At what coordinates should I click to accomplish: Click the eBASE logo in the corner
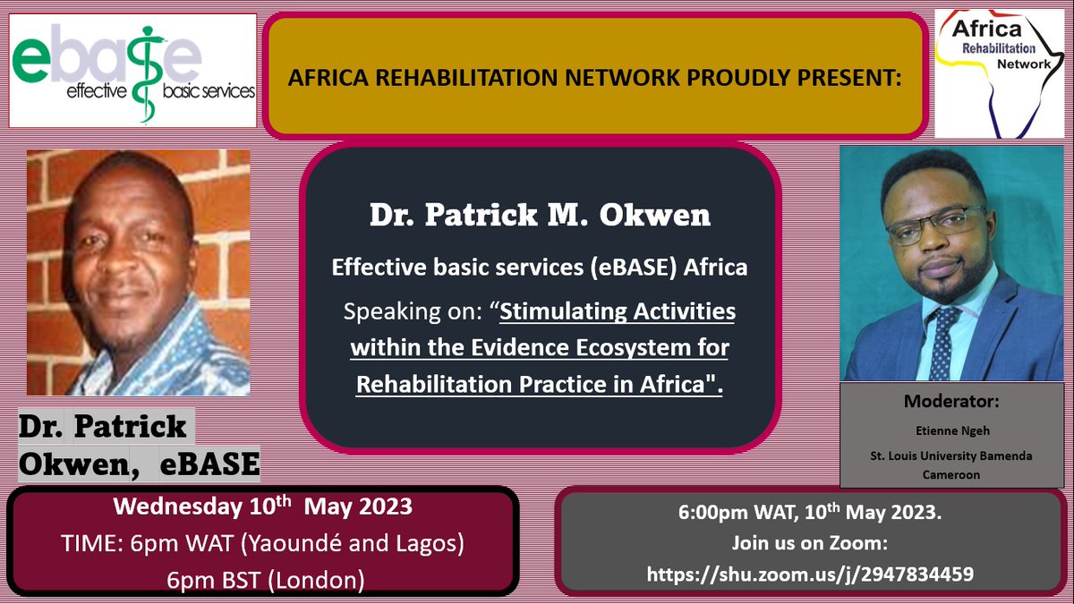point(133,70)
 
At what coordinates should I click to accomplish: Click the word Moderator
point(937,402)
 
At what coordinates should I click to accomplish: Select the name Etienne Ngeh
point(937,431)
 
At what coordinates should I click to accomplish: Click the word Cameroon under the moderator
point(937,475)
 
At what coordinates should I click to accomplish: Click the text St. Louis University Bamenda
point(937,455)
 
